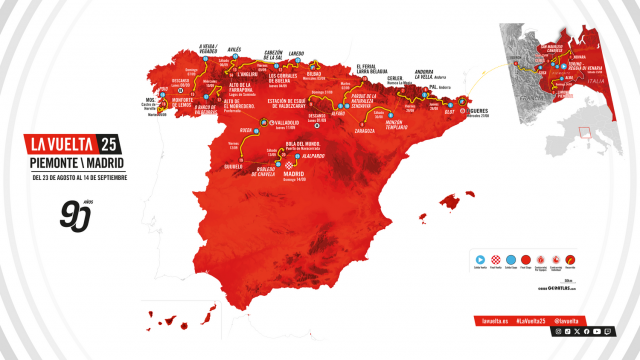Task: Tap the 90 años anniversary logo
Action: click(63, 214)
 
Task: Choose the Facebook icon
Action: click(586, 330)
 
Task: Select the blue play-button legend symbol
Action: click(478, 257)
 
